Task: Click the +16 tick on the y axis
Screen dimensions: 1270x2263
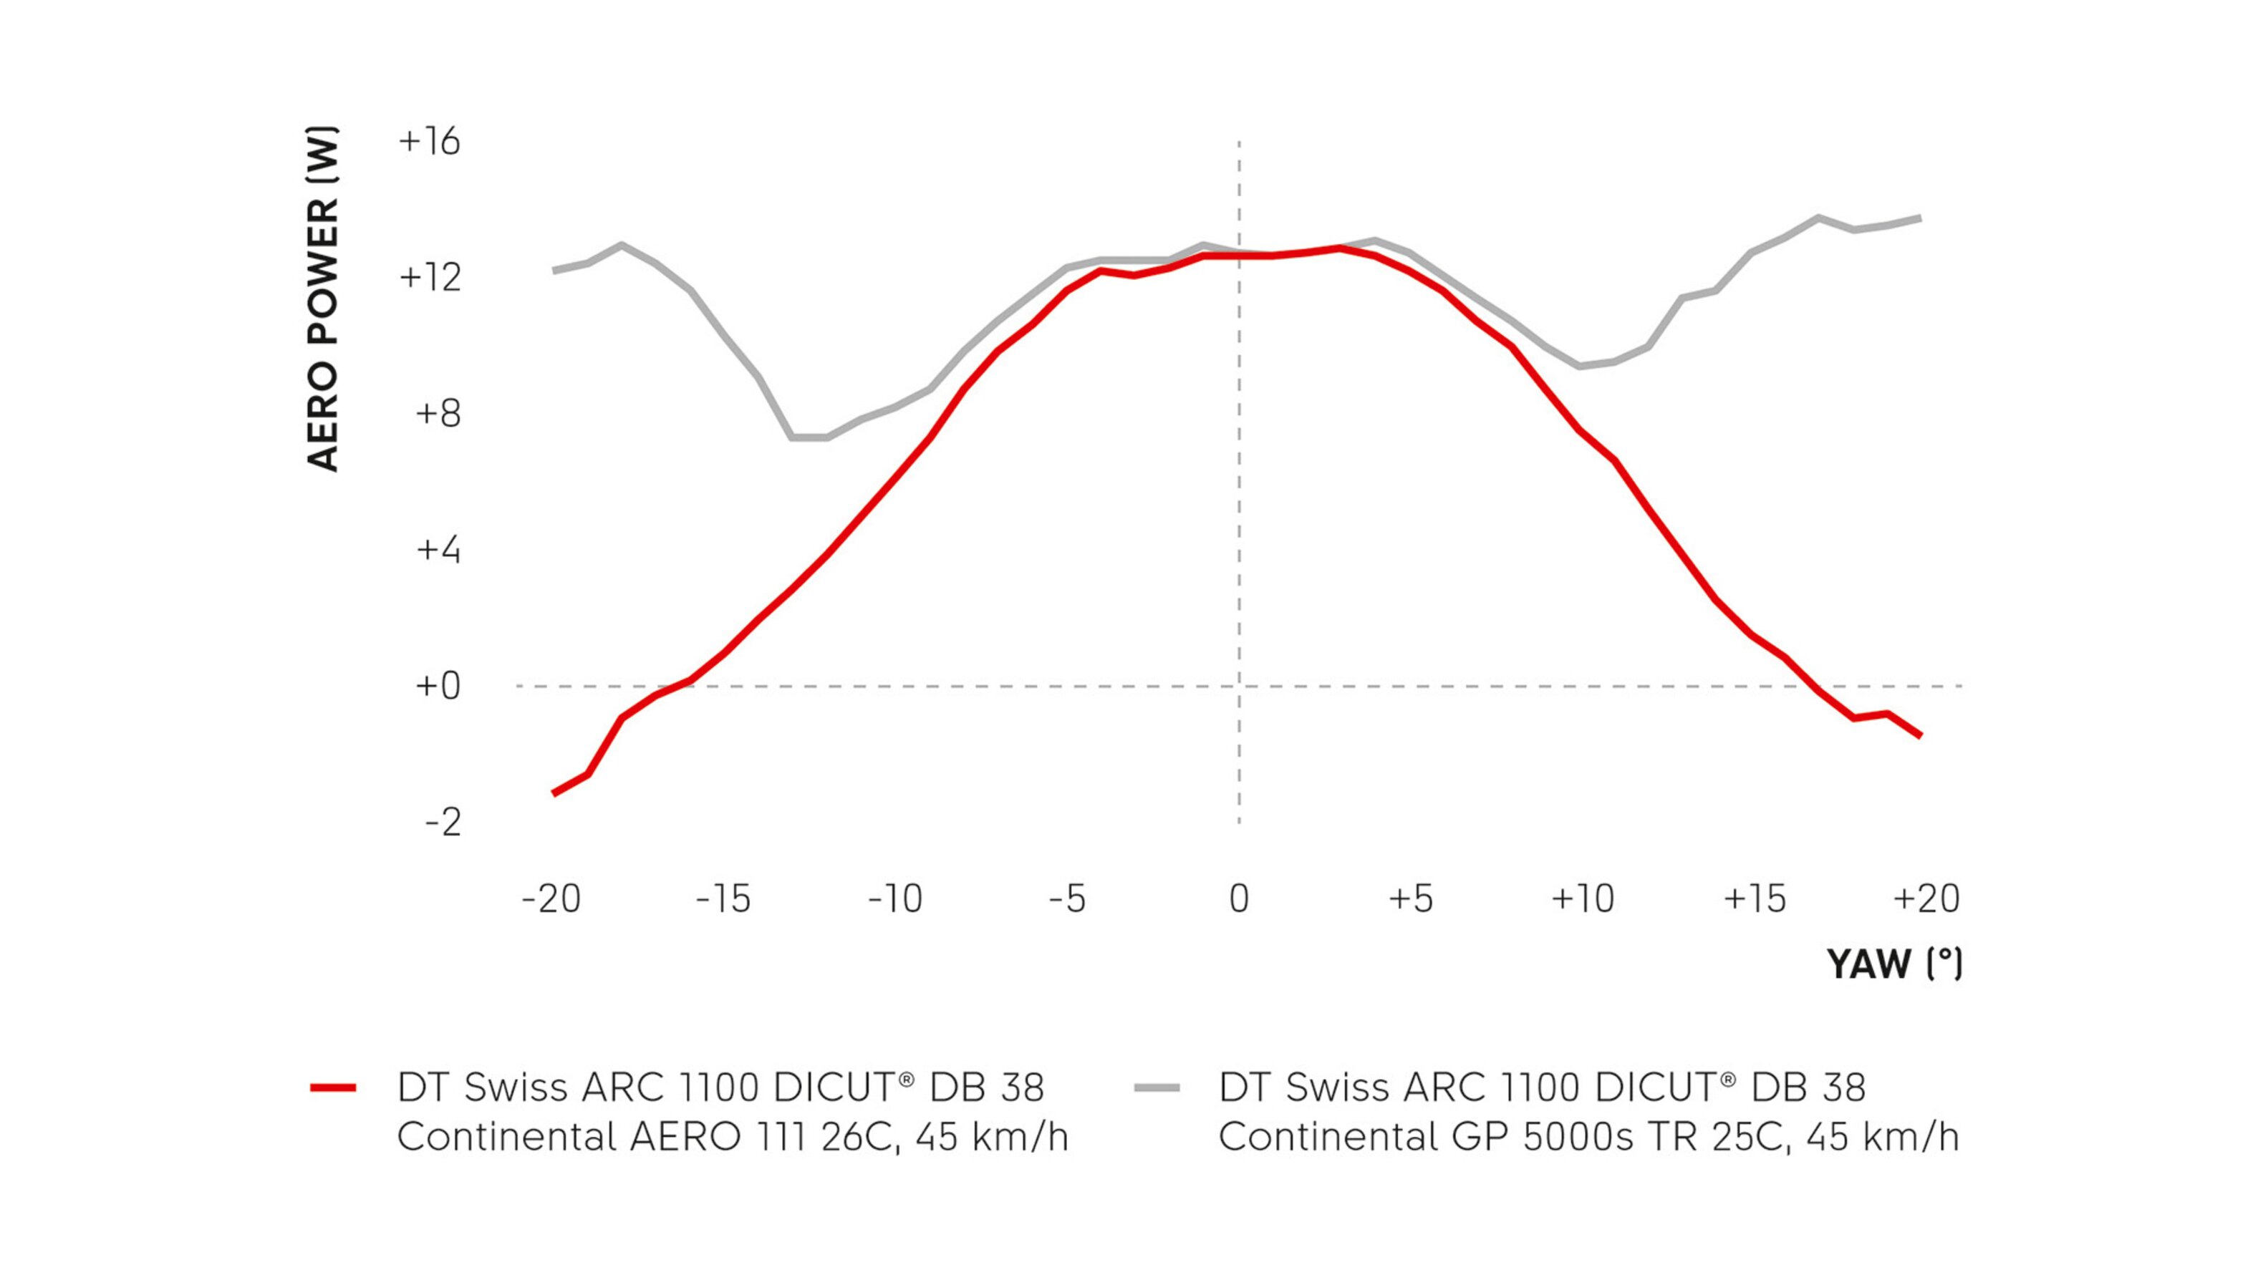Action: [429, 142]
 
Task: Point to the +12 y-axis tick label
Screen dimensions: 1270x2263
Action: [429, 278]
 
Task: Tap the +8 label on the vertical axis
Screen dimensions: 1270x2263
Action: [437, 414]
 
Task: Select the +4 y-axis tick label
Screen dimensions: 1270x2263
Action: [437, 550]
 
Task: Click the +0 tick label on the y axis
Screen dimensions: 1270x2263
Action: [437, 686]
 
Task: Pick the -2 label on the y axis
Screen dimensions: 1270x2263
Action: [443, 822]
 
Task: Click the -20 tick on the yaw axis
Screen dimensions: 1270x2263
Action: [551, 898]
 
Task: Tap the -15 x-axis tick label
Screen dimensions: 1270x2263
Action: [723, 898]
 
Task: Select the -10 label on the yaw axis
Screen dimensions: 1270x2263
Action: [895, 898]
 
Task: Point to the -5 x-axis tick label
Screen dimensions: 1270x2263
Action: [1067, 898]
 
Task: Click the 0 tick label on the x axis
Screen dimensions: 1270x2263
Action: [1239, 898]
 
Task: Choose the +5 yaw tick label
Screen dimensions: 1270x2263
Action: [1411, 898]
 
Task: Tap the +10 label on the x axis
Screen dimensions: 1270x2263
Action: [1583, 898]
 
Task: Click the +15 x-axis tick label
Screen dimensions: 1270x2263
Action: [1755, 898]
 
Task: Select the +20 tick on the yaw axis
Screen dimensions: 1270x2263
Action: [1926, 898]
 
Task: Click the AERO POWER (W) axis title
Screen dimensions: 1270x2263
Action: [322, 299]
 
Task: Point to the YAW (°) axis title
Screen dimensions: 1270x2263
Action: [1895, 964]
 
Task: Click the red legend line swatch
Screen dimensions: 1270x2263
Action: [333, 1088]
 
